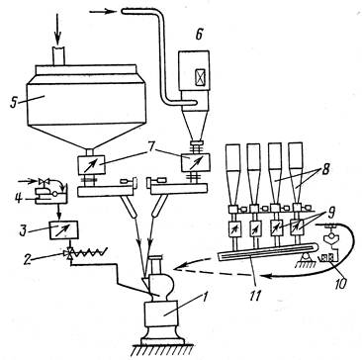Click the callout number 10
340,284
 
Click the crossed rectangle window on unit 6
200,78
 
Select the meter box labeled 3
63,229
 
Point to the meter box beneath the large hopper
91,164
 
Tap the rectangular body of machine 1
163,315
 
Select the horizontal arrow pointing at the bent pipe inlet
103,12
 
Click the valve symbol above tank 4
42,181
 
